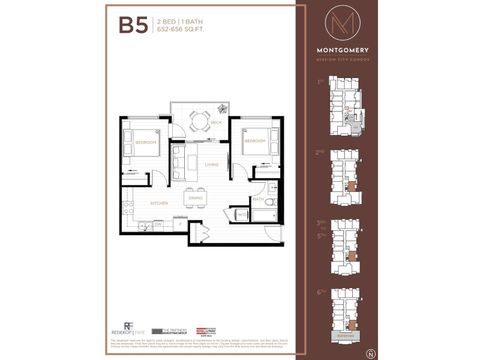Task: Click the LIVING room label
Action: pyautogui.click(x=211, y=164)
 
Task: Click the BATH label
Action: pyautogui.click(x=257, y=200)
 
